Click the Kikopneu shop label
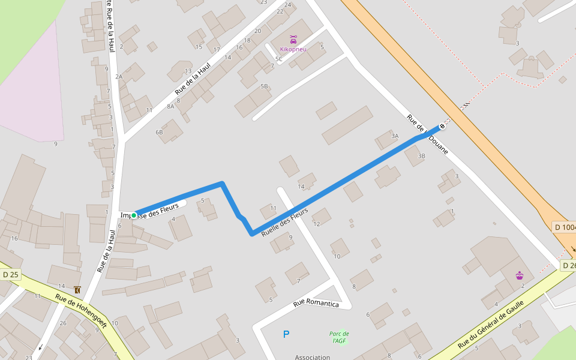click(x=293, y=49)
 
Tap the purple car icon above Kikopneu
click(x=293, y=40)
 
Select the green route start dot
click(x=134, y=215)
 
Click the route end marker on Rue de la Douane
click(x=442, y=126)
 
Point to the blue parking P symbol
click(x=286, y=334)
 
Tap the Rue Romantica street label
click(x=316, y=304)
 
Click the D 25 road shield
click(x=11, y=275)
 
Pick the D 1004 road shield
click(x=565, y=227)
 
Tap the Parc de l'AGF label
click(x=339, y=337)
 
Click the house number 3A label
click(x=395, y=136)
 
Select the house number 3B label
click(x=421, y=156)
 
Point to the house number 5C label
click(x=278, y=59)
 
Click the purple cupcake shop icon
click(x=520, y=275)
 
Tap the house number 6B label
click(x=159, y=132)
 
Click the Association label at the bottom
click(x=312, y=357)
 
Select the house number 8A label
click(x=171, y=106)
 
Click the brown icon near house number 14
click(x=77, y=290)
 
